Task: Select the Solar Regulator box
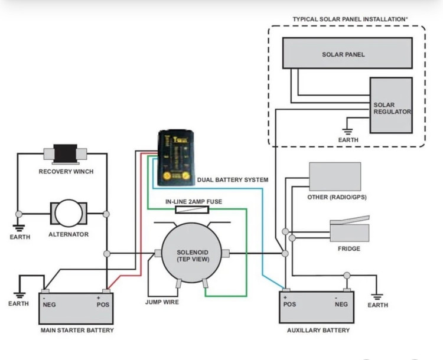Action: coord(390,105)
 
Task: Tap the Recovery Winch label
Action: coord(66,172)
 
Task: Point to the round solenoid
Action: coord(193,255)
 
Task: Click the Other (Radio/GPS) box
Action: coord(335,176)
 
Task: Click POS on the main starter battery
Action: coord(103,305)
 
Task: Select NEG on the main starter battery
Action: coord(49,305)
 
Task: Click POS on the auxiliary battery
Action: coord(289,305)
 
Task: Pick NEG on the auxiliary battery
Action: coord(341,305)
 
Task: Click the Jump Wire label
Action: coord(161,302)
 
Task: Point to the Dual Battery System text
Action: coord(232,179)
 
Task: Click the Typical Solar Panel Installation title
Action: coord(350,19)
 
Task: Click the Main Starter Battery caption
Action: coord(77,330)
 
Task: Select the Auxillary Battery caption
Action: coord(318,330)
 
